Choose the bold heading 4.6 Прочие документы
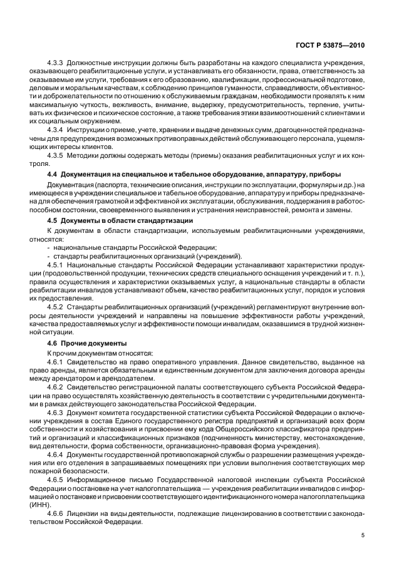point(87,343)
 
